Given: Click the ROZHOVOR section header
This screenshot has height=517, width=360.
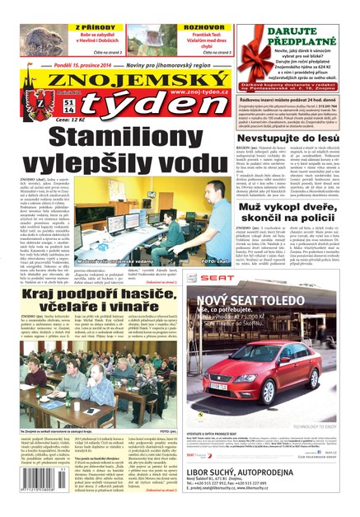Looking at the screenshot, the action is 203,27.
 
